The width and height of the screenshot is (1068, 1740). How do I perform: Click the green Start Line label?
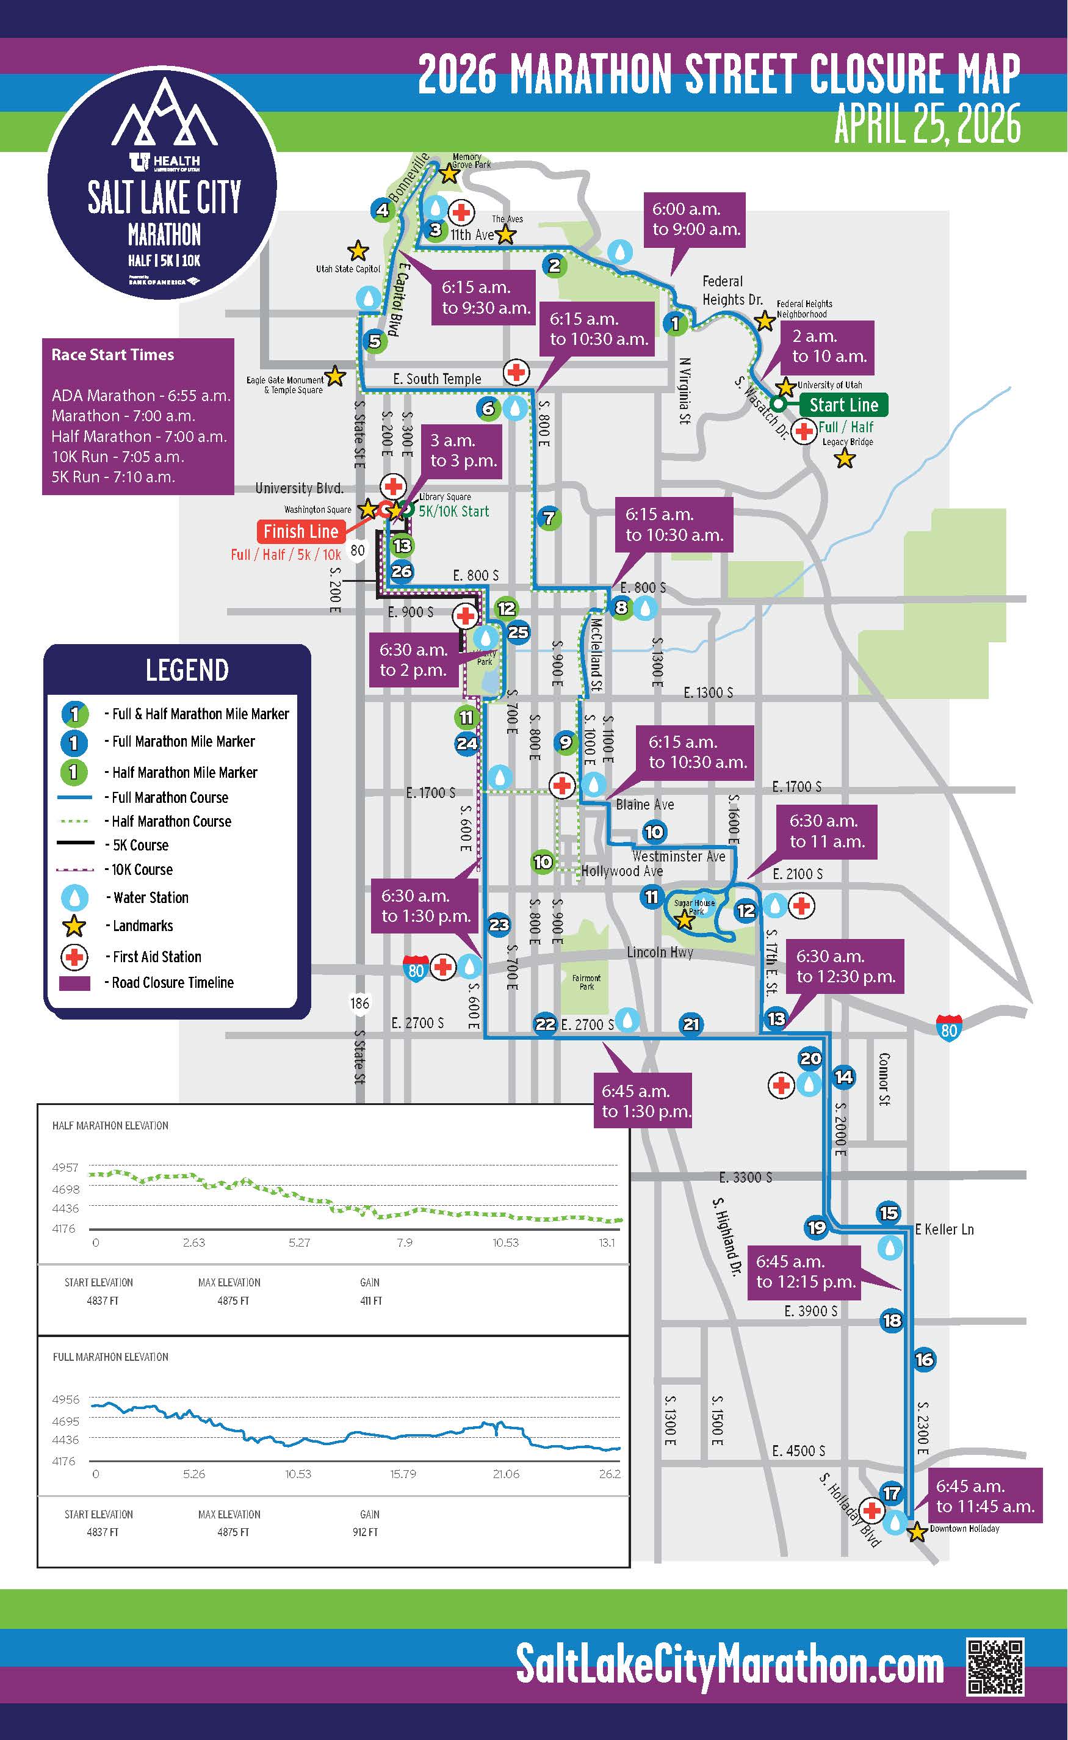[843, 405]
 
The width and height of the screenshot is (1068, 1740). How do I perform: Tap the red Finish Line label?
[301, 531]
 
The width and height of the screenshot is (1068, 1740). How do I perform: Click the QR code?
[995, 1667]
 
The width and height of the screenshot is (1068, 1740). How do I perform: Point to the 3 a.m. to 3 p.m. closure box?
[463, 451]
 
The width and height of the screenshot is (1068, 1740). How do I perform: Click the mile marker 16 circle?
[924, 1358]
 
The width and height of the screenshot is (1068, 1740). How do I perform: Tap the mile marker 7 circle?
[549, 518]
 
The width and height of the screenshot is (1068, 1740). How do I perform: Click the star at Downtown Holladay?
[917, 1532]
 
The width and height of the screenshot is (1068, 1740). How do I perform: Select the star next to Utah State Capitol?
[358, 251]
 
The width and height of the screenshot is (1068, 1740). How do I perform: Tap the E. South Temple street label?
[436, 379]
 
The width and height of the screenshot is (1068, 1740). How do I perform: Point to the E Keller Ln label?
[944, 1229]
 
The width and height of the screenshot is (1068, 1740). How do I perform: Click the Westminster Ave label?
[678, 856]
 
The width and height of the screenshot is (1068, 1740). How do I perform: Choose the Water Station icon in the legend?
[75, 897]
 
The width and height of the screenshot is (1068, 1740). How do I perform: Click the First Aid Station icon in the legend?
[75, 957]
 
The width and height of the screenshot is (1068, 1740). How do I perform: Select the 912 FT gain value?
[365, 1532]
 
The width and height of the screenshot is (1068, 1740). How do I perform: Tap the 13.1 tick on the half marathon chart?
[607, 1242]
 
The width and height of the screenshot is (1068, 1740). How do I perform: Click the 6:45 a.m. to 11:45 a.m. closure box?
[984, 1496]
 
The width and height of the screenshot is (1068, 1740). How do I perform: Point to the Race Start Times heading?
[112, 355]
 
